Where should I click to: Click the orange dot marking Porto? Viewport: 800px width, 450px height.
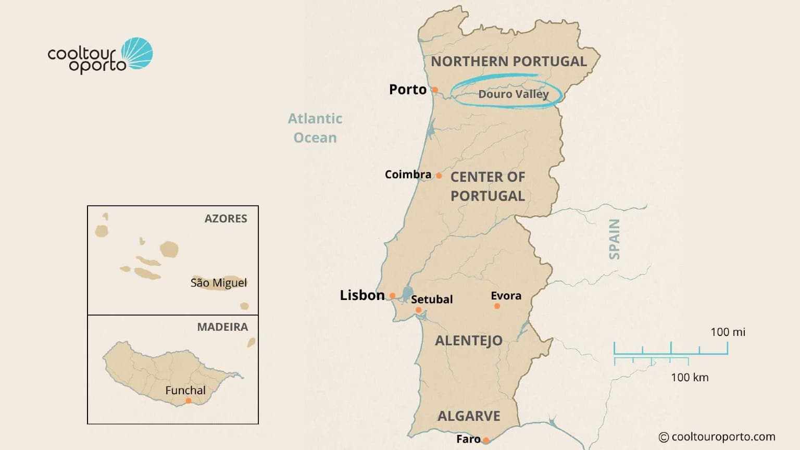(435, 90)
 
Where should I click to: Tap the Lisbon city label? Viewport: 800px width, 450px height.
(362, 295)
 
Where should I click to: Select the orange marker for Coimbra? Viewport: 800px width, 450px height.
(439, 176)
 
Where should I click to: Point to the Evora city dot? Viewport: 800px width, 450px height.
(497, 306)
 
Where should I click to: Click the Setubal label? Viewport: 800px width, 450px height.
(432, 299)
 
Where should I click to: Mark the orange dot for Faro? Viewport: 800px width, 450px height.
(486, 440)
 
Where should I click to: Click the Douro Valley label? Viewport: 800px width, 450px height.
(514, 94)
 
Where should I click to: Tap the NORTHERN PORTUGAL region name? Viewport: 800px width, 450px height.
(509, 61)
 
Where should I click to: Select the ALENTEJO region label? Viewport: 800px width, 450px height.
(469, 341)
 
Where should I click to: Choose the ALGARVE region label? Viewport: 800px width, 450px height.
(469, 416)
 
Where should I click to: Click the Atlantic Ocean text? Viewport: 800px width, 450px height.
(315, 128)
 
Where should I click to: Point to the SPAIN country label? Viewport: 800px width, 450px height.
(615, 239)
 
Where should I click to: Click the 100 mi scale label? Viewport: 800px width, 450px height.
(728, 332)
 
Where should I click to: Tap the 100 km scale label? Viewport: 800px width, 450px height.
(690, 378)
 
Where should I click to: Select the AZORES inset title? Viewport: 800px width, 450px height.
(226, 219)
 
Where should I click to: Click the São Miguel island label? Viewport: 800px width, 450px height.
(219, 283)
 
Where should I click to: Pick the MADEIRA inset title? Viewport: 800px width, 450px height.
(222, 327)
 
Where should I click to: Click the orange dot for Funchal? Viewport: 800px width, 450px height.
(189, 401)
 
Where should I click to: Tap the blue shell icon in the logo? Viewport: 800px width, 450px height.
(137, 53)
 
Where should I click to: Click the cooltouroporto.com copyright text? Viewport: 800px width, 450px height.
(717, 437)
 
